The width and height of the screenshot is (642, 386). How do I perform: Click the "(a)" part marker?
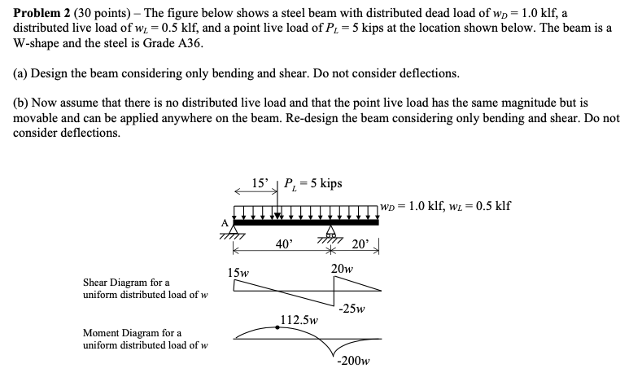pyautogui.click(x=21, y=73)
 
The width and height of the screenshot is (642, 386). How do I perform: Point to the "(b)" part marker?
pyautogui.click(x=21, y=104)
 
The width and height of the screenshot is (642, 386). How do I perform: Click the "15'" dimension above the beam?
pyautogui.click(x=262, y=183)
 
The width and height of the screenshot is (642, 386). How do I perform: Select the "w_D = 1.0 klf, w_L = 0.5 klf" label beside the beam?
pyautogui.click(x=445, y=205)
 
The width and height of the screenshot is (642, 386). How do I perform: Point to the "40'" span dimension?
pyautogui.click(x=283, y=244)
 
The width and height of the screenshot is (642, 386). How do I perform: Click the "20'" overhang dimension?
pyautogui.click(x=360, y=244)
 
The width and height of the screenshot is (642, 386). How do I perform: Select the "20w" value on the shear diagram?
pyautogui.click(x=342, y=270)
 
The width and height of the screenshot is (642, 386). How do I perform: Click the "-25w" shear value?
pyautogui.click(x=352, y=309)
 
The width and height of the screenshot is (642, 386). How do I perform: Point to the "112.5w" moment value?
pyautogui.click(x=299, y=320)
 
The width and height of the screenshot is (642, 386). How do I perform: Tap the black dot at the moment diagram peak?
pyautogui.click(x=279, y=327)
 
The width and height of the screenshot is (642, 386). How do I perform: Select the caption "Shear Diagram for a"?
pyautogui.click(x=126, y=282)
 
